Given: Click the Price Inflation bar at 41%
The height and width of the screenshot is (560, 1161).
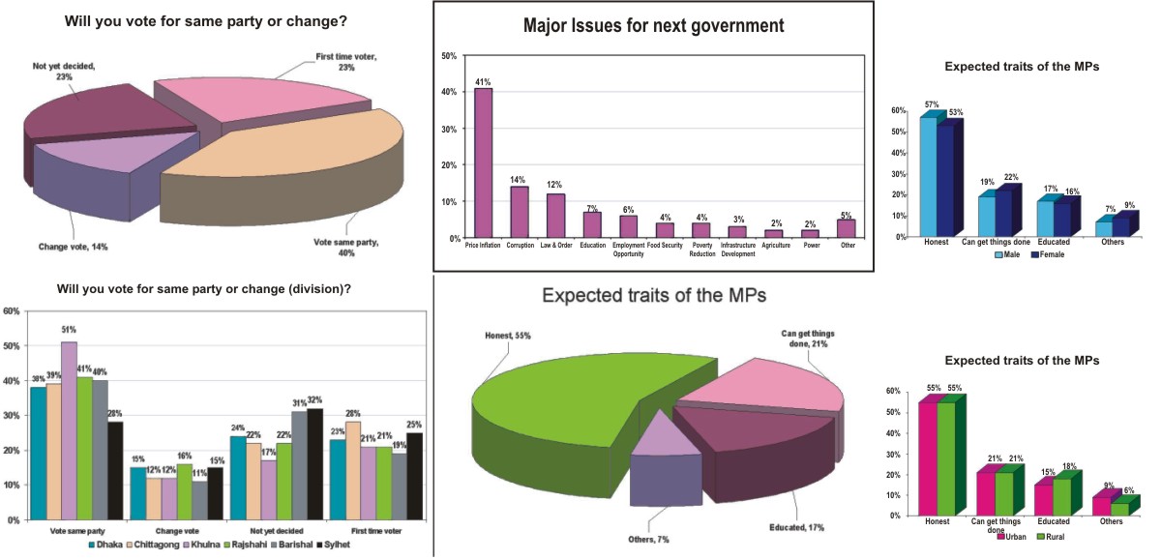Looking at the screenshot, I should pos(482,162).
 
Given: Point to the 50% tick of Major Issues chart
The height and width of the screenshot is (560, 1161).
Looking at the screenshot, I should pos(448,56).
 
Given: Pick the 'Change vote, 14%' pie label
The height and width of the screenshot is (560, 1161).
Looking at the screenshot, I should pos(74,247).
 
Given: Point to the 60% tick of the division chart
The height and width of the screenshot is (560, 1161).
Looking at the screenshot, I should pos(13,311).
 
